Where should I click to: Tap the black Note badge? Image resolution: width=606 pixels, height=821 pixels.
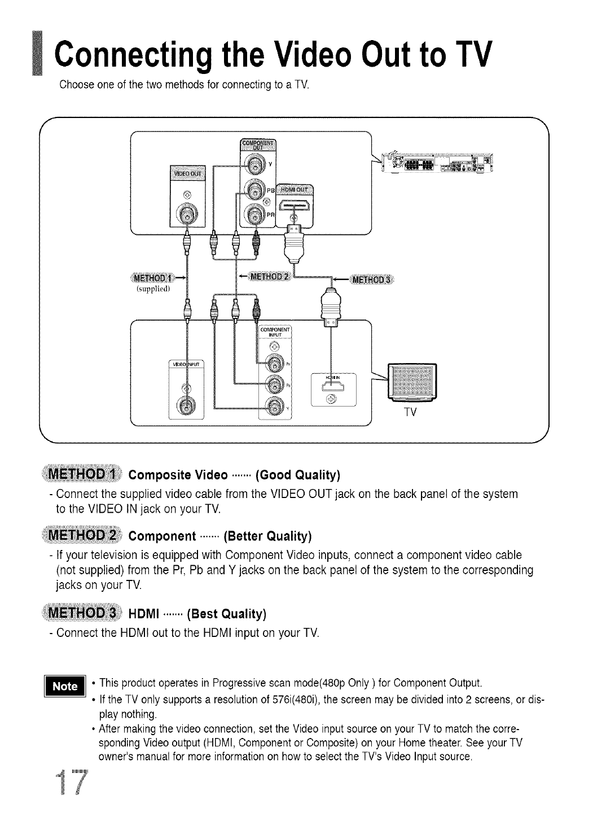pos(65,686)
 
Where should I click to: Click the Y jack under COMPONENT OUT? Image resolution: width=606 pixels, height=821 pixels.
pos(253,166)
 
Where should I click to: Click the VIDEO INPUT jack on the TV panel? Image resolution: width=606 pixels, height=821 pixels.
pos(185,405)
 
